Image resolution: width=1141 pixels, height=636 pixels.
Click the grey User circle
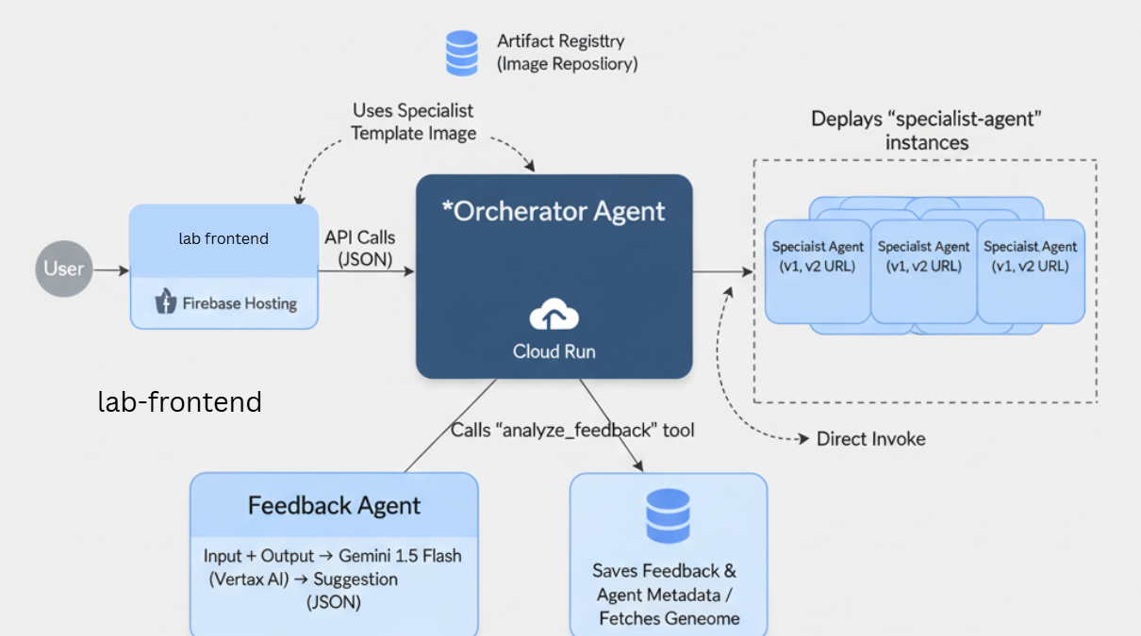(x=64, y=269)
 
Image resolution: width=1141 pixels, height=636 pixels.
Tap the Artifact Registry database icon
(x=462, y=53)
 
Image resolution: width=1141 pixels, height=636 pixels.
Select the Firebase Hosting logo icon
(x=166, y=302)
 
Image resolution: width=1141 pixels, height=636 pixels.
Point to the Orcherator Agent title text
(x=554, y=211)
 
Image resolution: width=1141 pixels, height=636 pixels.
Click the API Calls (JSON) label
(x=359, y=248)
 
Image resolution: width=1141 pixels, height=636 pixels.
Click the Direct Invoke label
(x=870, y=438)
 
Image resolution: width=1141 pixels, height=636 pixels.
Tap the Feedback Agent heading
(x=334, y=506)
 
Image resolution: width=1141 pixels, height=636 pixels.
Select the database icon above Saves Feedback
(x=668, y=516)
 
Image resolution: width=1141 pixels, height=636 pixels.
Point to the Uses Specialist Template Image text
(x=413, y=122)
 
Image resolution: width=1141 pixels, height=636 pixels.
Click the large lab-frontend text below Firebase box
(x=180, y=402)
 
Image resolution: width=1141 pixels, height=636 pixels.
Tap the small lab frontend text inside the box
(x=223, y=239)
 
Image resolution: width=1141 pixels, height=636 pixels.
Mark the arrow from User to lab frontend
(x=111, y=270)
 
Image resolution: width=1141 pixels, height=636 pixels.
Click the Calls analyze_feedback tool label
(x=572, y=431)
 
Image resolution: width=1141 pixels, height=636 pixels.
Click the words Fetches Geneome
(x=669, y=618)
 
